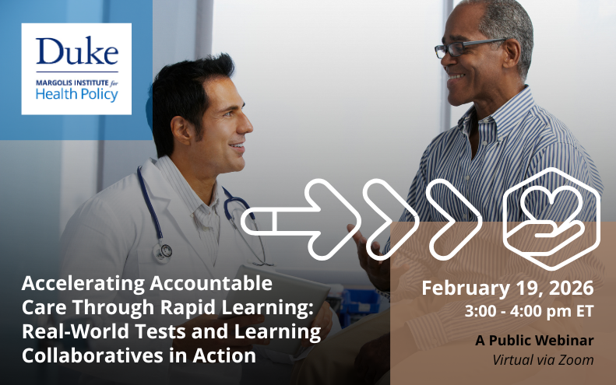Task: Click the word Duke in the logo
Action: [x=76, y=51]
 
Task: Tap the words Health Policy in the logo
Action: [x=76, y=95]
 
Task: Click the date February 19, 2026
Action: [x=507, y=288]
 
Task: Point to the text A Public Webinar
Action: [x=534, y=341]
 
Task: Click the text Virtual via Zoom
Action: [x=543, y=360]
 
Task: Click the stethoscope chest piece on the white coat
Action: [x=164, y=251]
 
